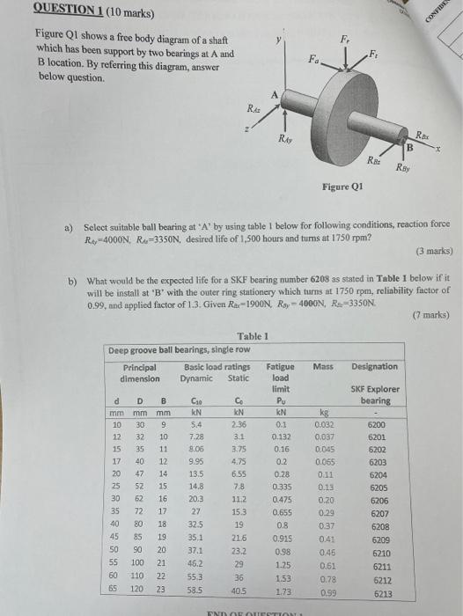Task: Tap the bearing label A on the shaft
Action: coord(275,94)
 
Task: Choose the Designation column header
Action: coord(374,366)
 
